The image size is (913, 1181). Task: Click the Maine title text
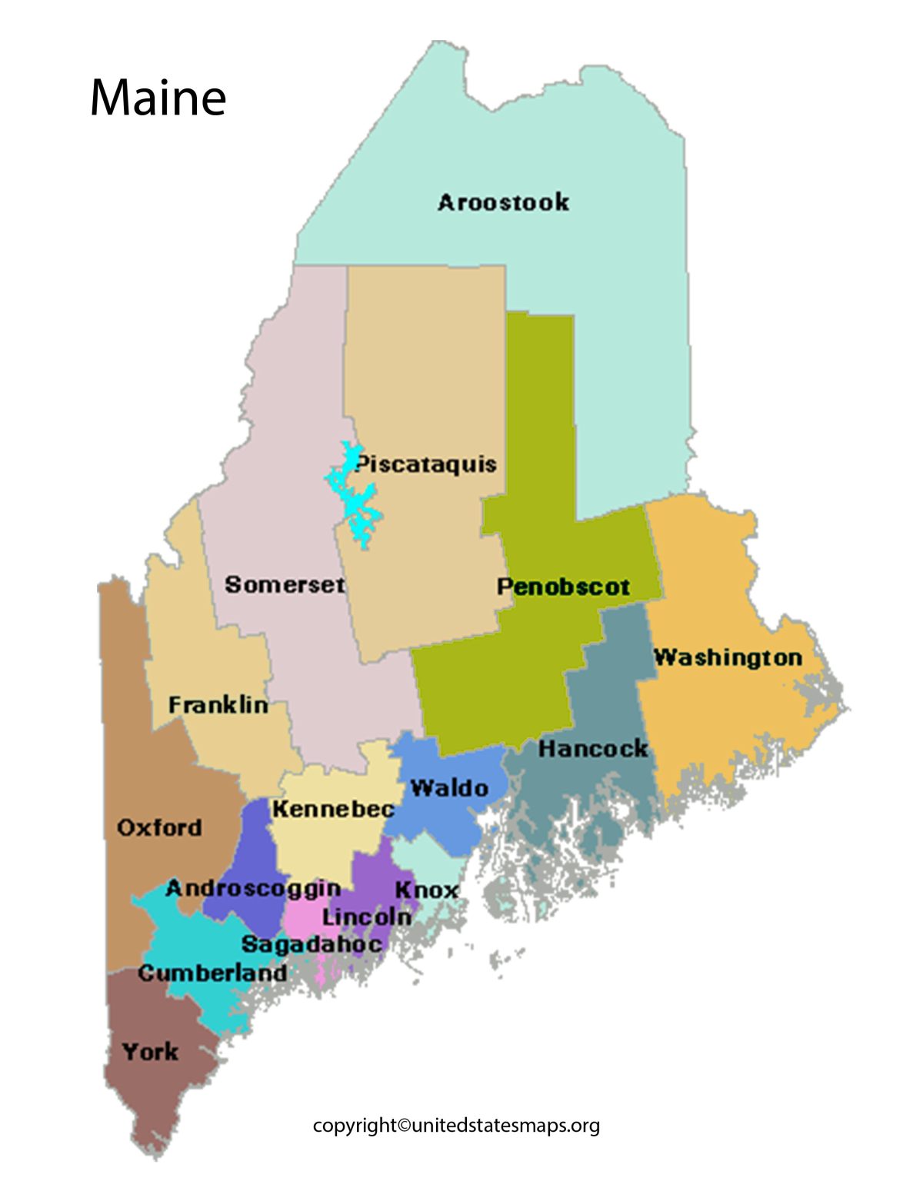click(x=158, y=98)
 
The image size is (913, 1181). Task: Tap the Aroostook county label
click(x=504, y=202)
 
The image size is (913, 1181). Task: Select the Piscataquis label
click(x=426, y=464)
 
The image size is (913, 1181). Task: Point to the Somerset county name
click(x=285, y=584)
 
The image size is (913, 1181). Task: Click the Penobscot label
click(x=563, y=587)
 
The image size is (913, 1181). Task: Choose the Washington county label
click(x=728, y=657)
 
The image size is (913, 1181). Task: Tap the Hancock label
click(x=592, y=748)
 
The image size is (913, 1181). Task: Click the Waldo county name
click(x=449, y=788)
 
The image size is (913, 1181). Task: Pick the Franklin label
click(x=218, y=704)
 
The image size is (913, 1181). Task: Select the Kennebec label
click(x=333, y=809)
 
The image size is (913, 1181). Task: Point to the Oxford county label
click(x=159, y=827)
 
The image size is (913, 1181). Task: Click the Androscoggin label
click(x=253, y=888)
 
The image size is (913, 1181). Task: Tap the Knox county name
click(x=426, y=890)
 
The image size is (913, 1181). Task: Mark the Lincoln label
click(x=367, y=917)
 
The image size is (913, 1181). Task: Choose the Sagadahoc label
click(x=312, y=944)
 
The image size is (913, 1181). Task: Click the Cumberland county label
click(x=212, y=973)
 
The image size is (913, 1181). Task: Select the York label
click(x=150, y=1051)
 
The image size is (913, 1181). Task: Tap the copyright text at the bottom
click(x=456, y=1126)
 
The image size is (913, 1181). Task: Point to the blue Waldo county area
click(x=454, y=823)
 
